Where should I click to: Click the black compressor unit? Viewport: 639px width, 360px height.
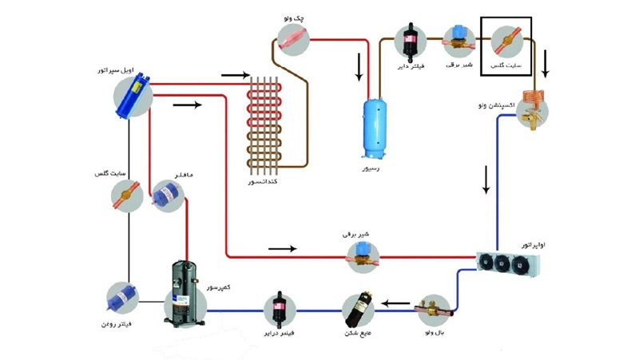click(185, 296)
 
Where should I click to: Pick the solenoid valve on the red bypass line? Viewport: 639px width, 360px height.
click(362, 254)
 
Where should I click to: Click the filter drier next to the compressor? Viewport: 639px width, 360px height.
click(280, 306)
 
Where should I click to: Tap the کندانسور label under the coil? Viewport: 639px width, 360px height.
click(268, 184)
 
